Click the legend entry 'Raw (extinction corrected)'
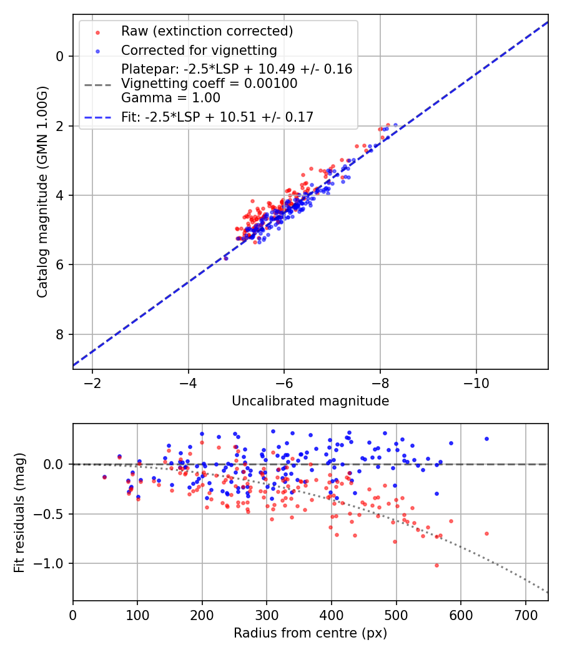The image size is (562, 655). [x=207, y=31]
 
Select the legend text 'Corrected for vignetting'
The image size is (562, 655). [x=199, y=50]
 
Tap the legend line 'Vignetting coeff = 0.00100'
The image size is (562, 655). [x=209, y=84]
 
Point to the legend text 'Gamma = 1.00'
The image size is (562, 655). [x=170, y=98]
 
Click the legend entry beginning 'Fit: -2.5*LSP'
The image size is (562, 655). [x=217, y=117]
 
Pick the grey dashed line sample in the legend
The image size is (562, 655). [x=97, y=84]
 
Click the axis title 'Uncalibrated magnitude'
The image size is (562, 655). [x=310, y=401]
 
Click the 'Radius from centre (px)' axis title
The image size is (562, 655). [x=310, y=633]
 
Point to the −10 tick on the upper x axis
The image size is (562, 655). [x=476, y=381]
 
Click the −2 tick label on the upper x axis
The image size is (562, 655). [x=92, y=381]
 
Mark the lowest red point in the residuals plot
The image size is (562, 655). [x=436, y=565]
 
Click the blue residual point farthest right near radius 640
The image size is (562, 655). [x=486, y=439]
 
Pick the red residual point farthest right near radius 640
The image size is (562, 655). [x=486, y=533]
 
